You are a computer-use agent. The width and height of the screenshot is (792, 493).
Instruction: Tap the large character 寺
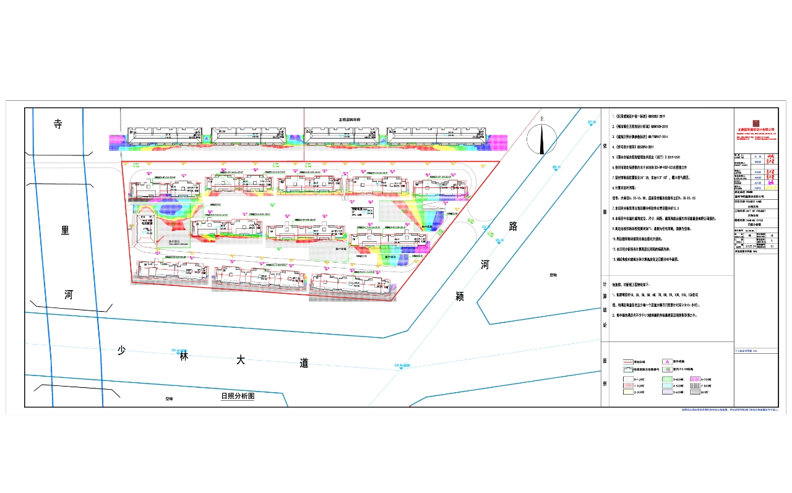pyautogui.click(x=58, y=124)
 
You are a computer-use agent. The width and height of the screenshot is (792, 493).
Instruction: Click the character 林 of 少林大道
pyautogui.click(x=183, y=356)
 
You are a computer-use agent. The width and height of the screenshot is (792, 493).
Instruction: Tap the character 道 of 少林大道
pyautogui.click(x=303, y=363)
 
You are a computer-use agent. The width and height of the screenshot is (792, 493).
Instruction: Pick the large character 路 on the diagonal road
pyautogui.click(x=512, y=226)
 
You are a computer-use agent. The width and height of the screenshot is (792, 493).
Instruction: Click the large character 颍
pyautogui.click(x=459, y=297)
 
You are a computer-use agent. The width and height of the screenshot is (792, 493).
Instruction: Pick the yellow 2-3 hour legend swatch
pyautogui.click(x=628, y=392)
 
